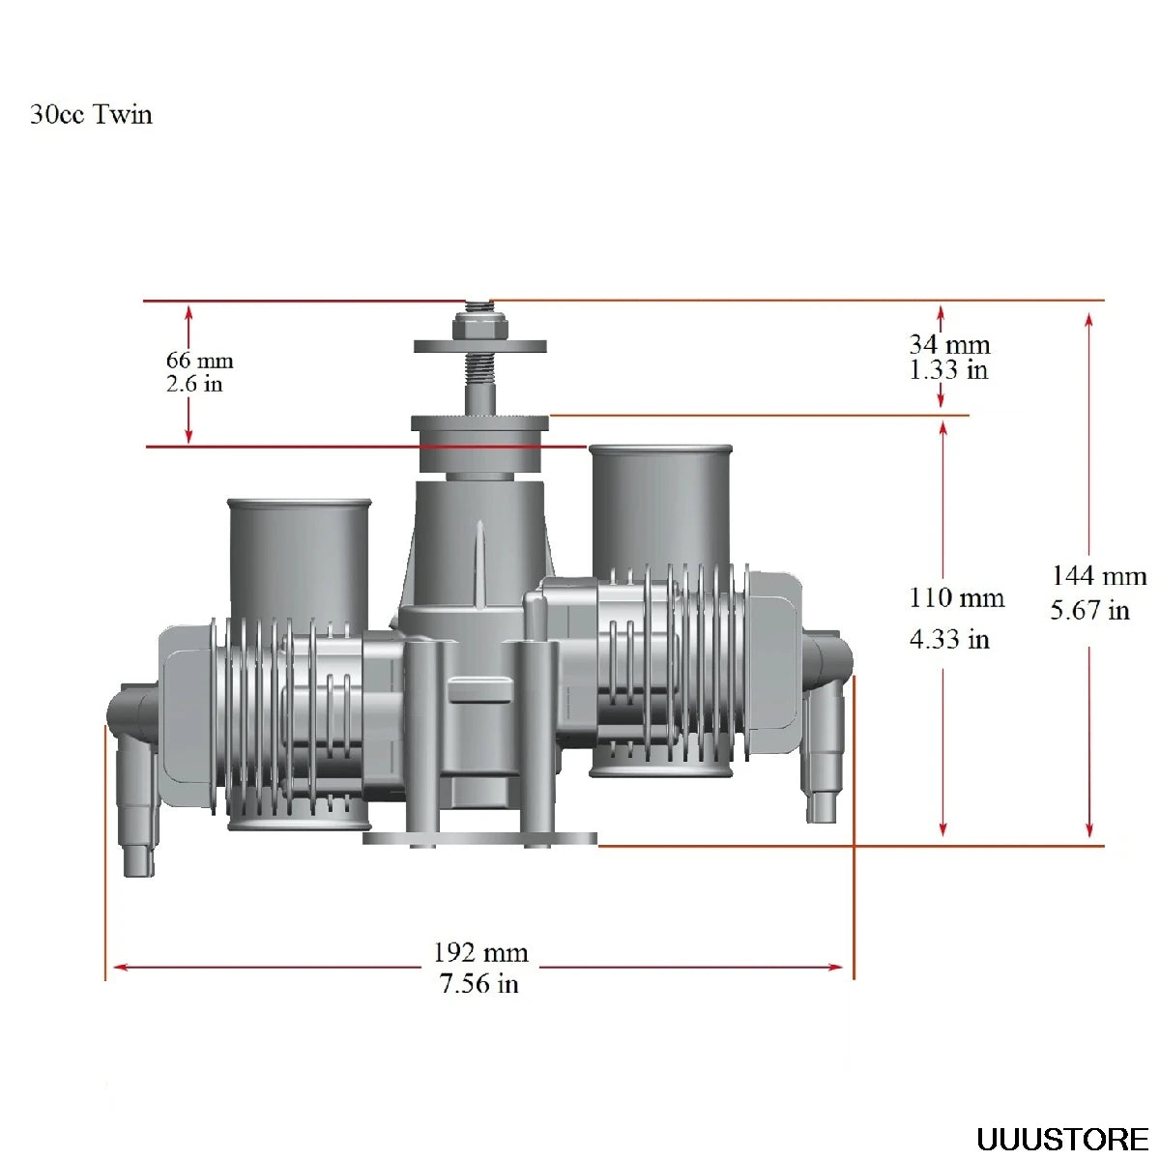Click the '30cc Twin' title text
tap(91, 114)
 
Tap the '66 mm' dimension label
tap(199, 361)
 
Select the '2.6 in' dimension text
tap(194, 384)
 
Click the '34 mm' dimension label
tap(949, 344)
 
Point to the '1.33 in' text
tap(948, 369)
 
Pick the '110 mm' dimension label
tap(956, 598)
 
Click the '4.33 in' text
tap(949, 639)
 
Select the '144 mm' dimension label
tap(1098, 576)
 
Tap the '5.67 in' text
tap(1089, 610)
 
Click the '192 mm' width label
tap(480, 953)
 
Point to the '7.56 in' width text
tap(478, 984)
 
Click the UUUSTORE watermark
tap(1061, 1139)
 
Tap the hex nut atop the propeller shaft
tap(479, 329)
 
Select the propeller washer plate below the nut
tap(480, 346)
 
